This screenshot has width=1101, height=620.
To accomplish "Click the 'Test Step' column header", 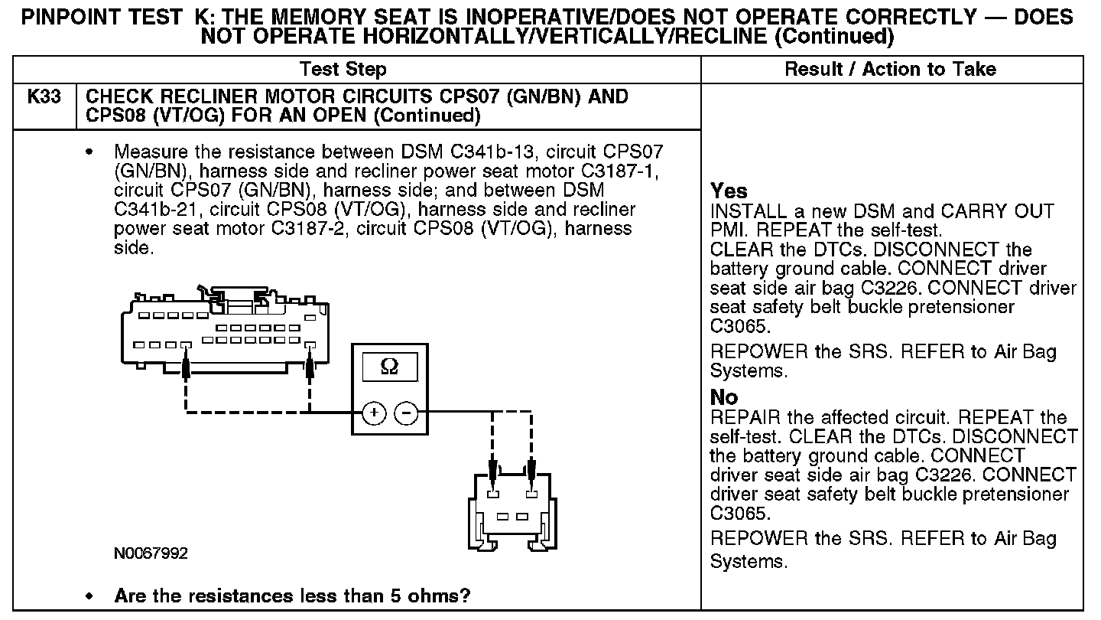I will [x=343, y=70].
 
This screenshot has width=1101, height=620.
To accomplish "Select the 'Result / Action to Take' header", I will [x=891, y=70].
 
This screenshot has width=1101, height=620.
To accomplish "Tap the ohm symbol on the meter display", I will [x=388, y=367].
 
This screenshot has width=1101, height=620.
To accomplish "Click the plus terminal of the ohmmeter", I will [x=374, y=413].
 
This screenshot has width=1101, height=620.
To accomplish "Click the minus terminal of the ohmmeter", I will [x=406, y=413].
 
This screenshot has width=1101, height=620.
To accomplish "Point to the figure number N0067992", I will [x=151, y=553].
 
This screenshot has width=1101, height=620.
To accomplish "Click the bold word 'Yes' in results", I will [x=729, y=191].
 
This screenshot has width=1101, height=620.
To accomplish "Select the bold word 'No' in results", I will [x=724, y=397].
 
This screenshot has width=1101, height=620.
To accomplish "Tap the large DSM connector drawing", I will [x=222, y=329].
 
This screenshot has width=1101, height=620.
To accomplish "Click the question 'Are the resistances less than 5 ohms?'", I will [x=292, y=596].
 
